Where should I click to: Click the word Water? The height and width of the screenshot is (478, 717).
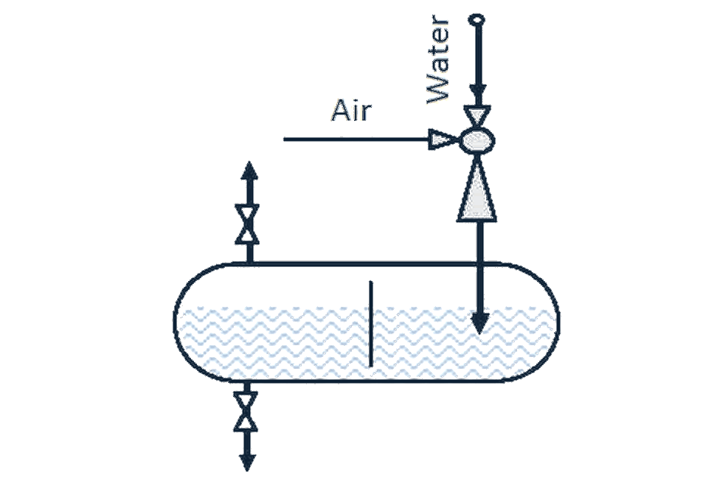[x=437, y=60]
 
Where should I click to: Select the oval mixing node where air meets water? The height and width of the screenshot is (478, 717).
[x=477, y=139]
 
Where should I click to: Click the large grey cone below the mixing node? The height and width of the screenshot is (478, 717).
[x=477, y=191]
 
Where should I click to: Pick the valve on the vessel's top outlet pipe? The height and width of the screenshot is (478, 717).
[x=247, y=224]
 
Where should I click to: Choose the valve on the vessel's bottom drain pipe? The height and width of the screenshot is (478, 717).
[x=246, y=412]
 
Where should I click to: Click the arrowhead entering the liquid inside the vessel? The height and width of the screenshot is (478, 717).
[x=479, y=323]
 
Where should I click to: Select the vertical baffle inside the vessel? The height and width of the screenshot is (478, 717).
[x=370, y=324]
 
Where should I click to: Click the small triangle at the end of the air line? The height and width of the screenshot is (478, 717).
[x=441, y=139]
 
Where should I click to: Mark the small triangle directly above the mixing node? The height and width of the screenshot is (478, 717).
[x=477, y=115]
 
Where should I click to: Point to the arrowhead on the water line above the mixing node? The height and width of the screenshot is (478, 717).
[x=478, y=94]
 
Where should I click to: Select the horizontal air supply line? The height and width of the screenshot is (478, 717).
[x=357, y=139]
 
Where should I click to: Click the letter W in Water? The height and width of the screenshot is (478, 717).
[x=437, y=91]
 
